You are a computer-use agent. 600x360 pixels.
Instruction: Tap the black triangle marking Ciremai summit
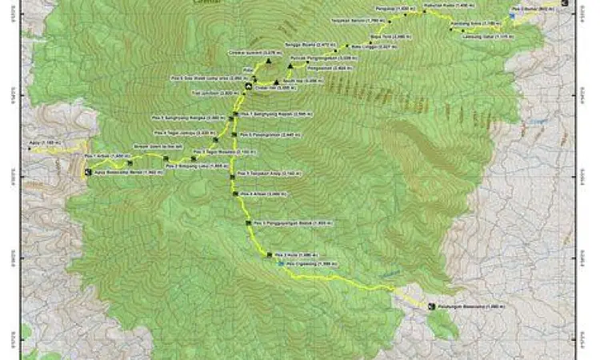pyautogui.click(x=270, y=61)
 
